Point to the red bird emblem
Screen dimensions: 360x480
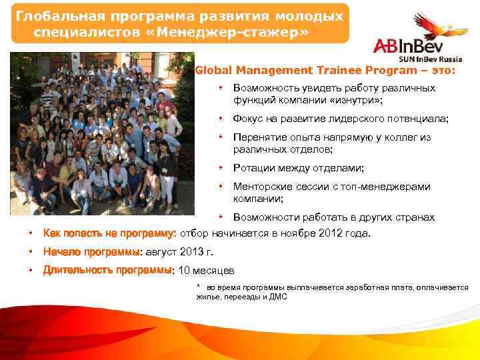pos(441,28)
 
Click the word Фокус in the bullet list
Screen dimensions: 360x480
pos(248,119)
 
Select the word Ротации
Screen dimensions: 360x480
pos(253,169)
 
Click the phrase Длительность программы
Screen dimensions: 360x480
pos(107,271)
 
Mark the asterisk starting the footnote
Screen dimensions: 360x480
pos(198,286)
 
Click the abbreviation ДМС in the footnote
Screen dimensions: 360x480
pos(277,297)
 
